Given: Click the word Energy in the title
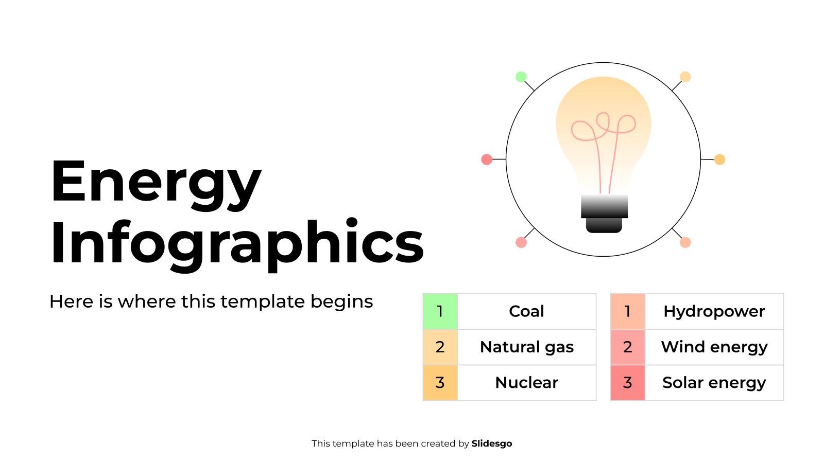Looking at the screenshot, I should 156,183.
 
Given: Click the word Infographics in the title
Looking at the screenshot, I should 236,242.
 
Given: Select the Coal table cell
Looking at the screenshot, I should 526,311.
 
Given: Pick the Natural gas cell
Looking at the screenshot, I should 526,347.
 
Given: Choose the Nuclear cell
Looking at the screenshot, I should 526,383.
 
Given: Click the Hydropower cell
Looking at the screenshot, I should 714,311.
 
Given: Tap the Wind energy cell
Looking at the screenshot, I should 714,347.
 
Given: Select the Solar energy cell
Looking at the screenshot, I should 714,383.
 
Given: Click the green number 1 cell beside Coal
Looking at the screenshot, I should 440,311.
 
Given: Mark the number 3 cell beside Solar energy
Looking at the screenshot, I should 627,383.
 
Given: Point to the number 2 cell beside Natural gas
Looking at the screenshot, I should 440,347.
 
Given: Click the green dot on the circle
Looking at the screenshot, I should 521,77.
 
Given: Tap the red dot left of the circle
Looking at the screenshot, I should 487,159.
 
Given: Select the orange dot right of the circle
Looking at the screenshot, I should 720,159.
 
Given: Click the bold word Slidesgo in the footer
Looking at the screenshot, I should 491,443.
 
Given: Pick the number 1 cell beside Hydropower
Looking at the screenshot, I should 627,311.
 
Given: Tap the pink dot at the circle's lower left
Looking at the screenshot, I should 521,242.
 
